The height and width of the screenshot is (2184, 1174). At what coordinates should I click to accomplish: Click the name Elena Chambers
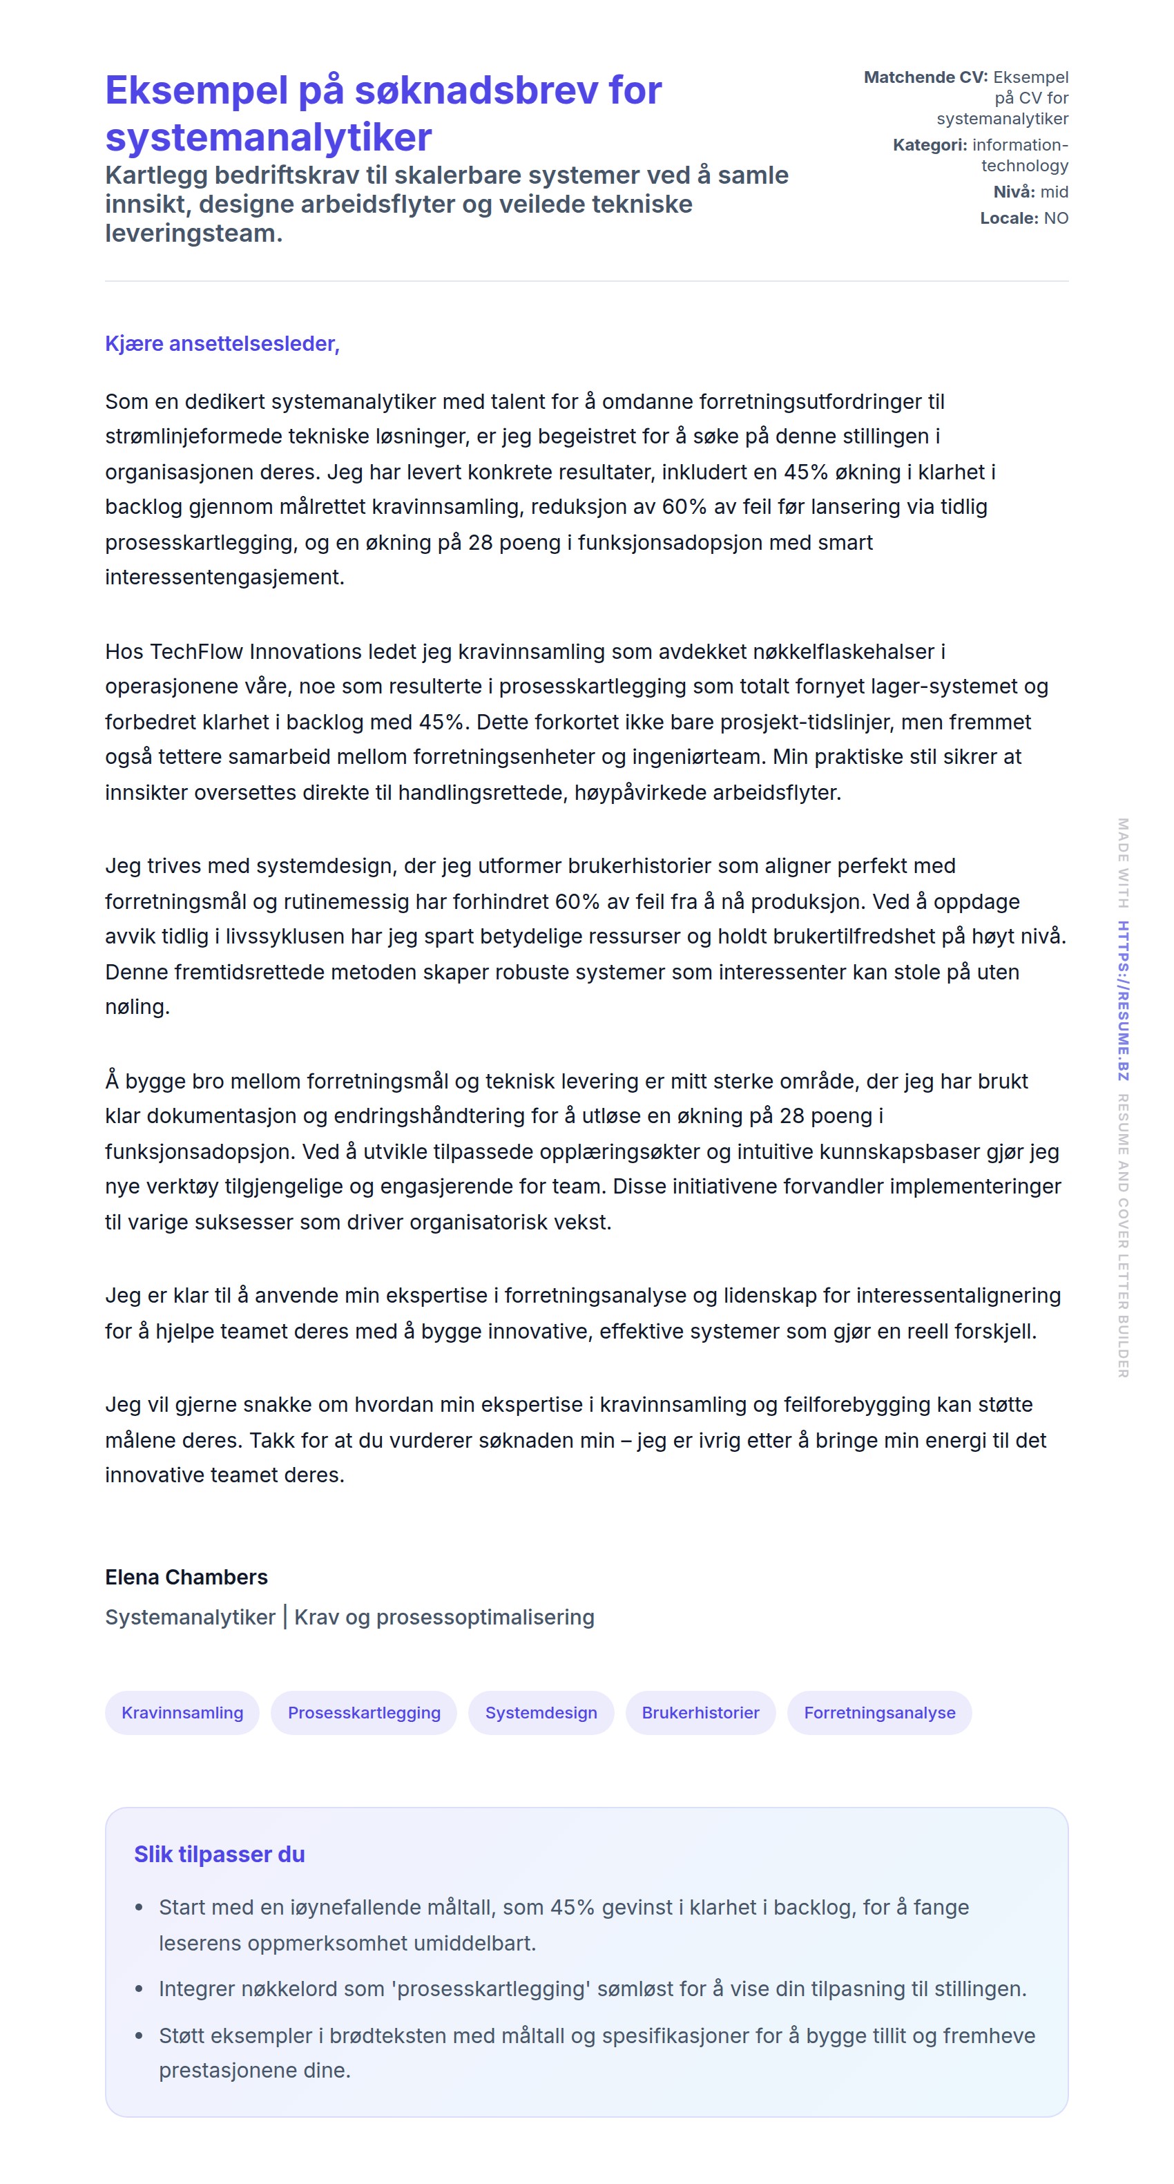(186, 1577)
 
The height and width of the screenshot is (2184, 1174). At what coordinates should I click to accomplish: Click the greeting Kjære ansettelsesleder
(222, 343)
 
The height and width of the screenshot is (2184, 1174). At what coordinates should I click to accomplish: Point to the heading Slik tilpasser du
(220, 1855)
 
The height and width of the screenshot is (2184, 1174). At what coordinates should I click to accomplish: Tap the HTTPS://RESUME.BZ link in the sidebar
(1123, 1000)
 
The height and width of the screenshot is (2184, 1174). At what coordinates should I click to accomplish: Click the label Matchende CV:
(925, 77)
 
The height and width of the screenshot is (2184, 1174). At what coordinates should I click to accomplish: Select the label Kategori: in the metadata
(930, 145)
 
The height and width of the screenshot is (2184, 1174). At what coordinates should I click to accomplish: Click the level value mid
(1055, 191)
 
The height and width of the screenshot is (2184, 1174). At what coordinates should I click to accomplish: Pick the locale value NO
(1056, 218)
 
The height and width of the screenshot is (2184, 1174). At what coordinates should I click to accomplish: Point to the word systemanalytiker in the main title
(269, 137)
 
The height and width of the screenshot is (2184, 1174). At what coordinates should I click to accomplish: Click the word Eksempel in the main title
(197, 90)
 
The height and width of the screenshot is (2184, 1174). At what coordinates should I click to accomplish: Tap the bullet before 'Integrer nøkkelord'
(139, 1989)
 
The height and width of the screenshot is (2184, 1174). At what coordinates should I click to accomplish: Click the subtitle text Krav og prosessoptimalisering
(444, 1617)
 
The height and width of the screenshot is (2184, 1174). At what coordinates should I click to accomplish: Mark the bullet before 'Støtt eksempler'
(139, 2035)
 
